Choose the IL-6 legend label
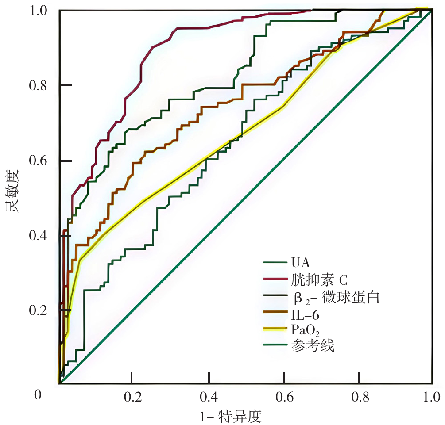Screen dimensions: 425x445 (x=305, y=315)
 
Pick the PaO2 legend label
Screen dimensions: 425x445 (x=306, y=330)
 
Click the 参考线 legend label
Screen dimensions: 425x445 (x=313, y=345)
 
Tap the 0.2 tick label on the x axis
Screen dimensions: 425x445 (x=131, y=395)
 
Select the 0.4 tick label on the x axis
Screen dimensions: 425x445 (x=208, y=395)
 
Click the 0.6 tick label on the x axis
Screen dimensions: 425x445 (x=283, y=395)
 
